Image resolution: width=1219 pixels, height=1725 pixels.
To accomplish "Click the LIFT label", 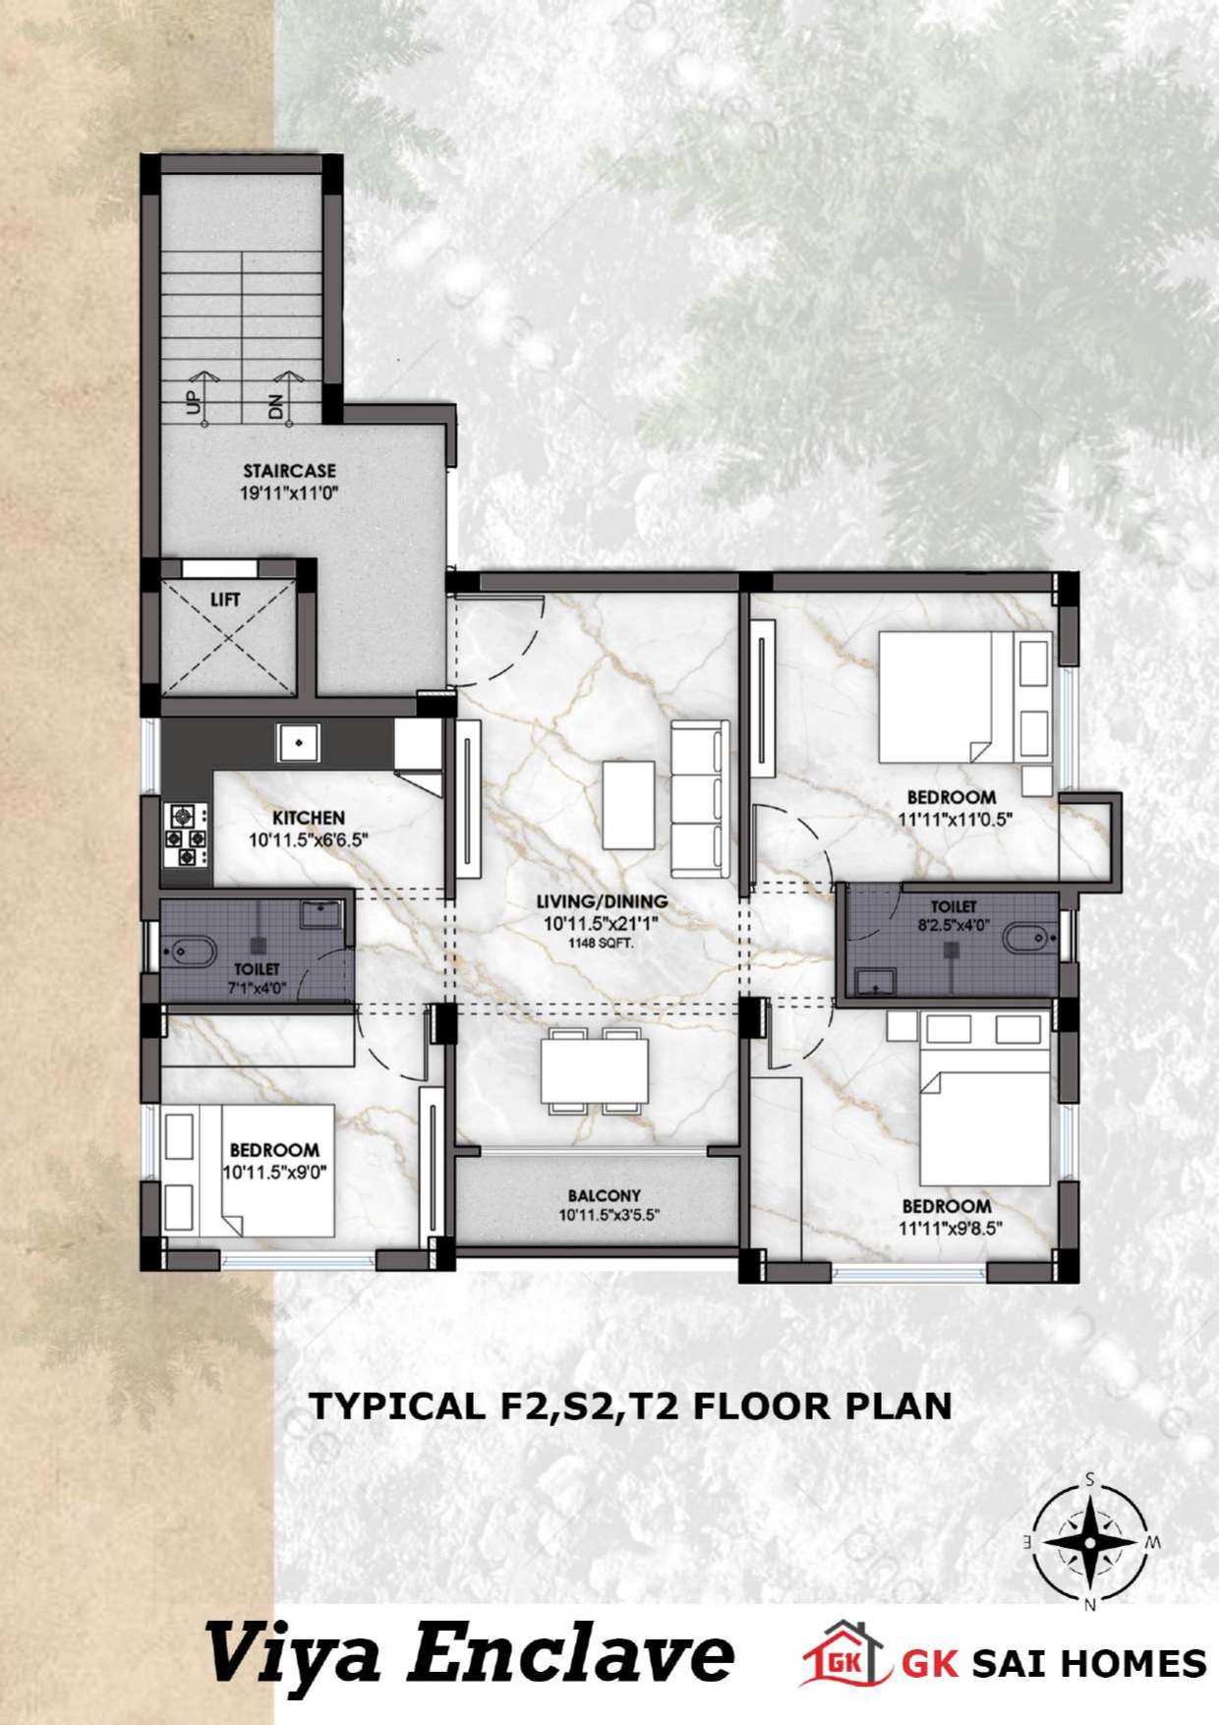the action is tap(225, 599).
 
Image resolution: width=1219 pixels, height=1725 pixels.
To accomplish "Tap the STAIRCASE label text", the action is tap(290, 471).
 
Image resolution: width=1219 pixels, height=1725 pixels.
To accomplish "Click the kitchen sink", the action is tap(298, 742).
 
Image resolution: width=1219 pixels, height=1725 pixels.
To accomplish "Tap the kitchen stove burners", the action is tap(187, 836).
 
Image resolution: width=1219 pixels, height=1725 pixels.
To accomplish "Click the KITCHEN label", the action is tap(309, 818).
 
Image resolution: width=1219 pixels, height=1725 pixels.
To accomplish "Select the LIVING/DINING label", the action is tap(602, 901).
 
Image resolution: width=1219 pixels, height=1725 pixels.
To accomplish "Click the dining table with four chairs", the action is tap(594, 1070).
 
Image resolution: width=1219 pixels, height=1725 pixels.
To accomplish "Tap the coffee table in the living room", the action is tap(629, 805).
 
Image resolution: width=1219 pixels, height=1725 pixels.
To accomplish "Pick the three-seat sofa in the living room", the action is tap(700, 798).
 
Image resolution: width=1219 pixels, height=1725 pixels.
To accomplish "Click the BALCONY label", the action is tap(604, 1196).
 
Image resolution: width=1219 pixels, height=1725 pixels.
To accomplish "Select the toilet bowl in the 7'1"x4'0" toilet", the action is tap(191, 950).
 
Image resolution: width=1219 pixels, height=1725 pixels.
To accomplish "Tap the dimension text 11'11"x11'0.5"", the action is tap(955, 818).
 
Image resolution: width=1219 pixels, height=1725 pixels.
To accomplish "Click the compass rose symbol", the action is tap(1090, 1541).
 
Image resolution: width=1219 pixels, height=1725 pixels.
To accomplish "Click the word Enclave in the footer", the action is tap(571, 1653).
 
